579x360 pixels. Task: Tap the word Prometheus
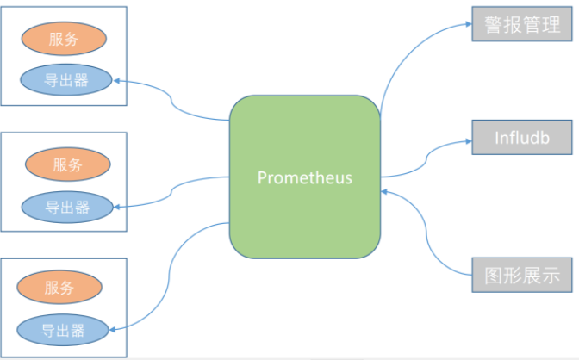[304, 177]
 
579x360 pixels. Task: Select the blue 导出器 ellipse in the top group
[66, 81]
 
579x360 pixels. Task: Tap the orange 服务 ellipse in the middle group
[66, 164]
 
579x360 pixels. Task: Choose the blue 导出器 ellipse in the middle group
[67, 206]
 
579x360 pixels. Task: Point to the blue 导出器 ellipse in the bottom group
[64, 328]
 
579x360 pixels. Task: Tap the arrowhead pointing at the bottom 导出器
[116, 328]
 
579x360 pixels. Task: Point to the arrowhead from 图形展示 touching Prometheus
[385, 194]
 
